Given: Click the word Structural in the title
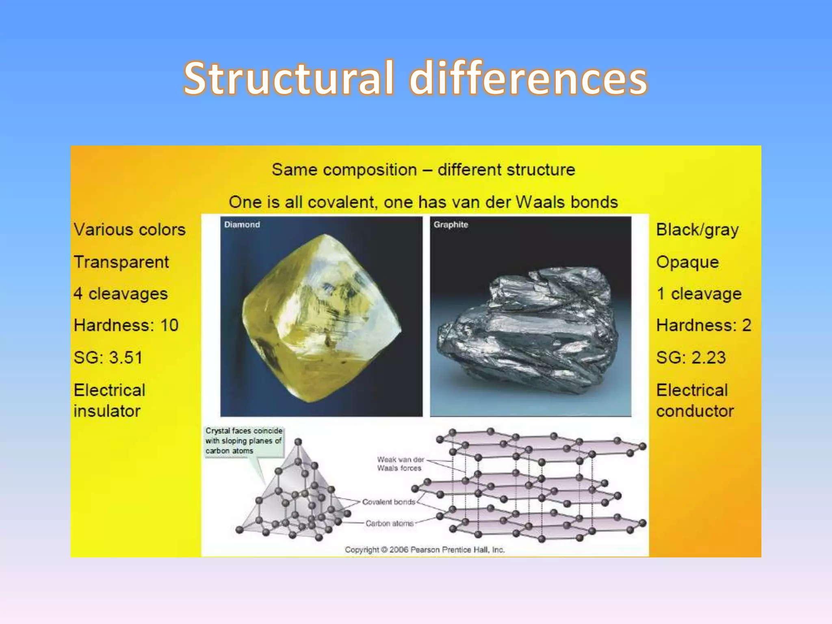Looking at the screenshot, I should [288, 78].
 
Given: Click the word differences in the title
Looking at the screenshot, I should [528, 78].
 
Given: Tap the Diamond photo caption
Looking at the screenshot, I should [242, 225].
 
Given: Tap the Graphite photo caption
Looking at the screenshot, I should [451, 225].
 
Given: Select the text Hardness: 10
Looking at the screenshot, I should [126, 325].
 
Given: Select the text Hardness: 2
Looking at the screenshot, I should [704, 325].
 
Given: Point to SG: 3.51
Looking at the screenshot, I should [108, 357].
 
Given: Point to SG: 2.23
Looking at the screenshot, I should [691, 357].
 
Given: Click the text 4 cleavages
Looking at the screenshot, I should [121, 294].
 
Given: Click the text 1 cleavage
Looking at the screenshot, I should [699, 294].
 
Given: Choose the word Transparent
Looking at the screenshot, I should [121, 262].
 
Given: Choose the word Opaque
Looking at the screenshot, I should [687, 262].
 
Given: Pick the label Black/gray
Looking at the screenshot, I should [697, 230].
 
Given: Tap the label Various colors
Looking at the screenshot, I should [130, 230].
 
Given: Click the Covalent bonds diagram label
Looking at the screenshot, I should [388, 502].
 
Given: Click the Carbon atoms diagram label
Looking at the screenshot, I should [389, 524].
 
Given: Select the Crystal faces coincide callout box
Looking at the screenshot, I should [243, 441].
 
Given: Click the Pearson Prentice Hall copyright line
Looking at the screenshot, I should [425, 550].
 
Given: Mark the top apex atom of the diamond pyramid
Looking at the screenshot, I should [298, 442].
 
